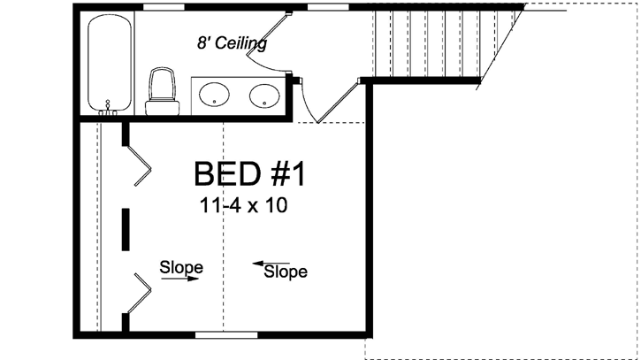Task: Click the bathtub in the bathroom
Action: point(110,63)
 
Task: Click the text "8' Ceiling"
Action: point(232,42)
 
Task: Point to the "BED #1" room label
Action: point(248,174)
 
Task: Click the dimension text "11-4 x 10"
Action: point(245,206)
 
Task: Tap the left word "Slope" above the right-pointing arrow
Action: point(181,266)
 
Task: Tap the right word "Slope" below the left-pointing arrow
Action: point(286,272)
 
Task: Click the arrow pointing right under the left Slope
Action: point(181,279)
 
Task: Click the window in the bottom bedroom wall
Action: point(226,333)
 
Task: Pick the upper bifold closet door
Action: point(140,164)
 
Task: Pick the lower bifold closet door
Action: point(139,292)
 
